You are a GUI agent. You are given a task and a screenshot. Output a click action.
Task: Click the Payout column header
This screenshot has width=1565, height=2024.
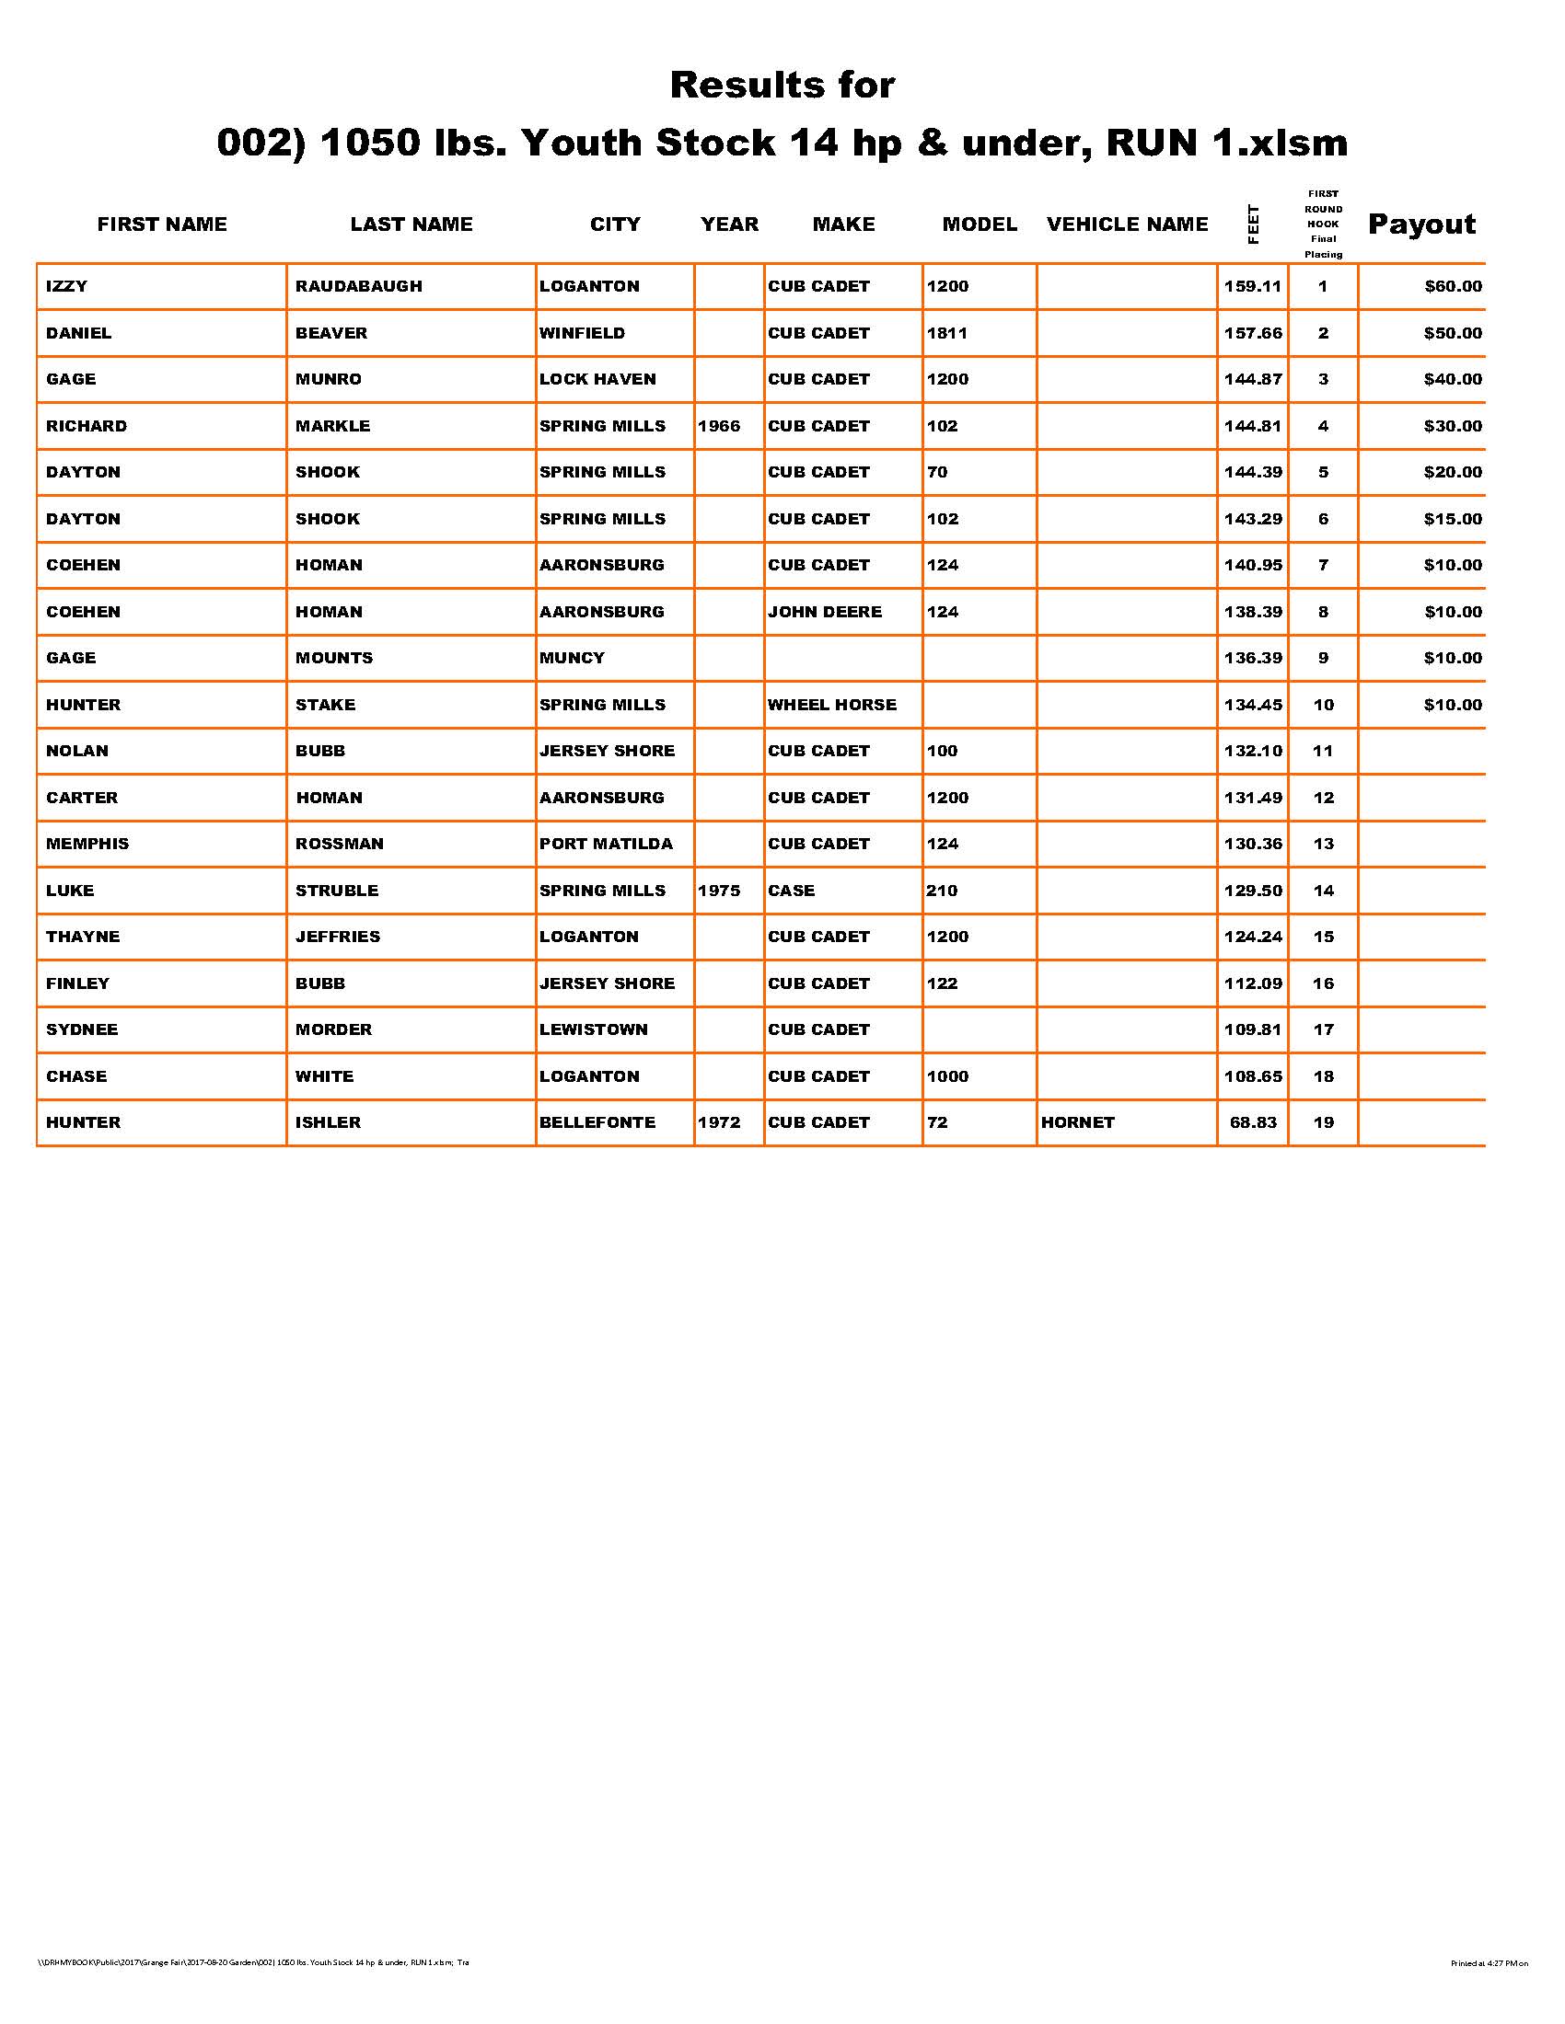coord(1421,224)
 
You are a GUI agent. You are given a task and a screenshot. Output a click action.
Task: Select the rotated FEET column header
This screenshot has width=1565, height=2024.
coord(1254,224)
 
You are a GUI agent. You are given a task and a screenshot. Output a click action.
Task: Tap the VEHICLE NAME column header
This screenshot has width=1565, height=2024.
coord(1128,224)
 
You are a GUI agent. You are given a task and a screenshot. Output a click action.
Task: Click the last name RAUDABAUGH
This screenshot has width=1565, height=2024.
coord(359,286)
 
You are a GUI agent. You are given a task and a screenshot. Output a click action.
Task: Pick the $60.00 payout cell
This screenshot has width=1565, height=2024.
coord(1453,286)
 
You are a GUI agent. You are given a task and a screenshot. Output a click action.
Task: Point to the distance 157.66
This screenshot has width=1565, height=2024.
coord(1253,333)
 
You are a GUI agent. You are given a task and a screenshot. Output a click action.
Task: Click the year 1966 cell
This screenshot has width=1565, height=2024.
coord(720,426)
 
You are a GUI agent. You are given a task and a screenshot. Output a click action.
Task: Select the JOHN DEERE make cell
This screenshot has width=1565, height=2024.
coord(824,612)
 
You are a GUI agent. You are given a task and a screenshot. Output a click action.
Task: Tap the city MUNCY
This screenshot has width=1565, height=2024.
coord(572,658)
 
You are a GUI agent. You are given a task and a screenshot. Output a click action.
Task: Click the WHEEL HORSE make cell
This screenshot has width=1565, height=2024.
coord(831,705)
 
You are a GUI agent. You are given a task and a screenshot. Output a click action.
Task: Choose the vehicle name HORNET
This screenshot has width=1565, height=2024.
coord(1077,1122)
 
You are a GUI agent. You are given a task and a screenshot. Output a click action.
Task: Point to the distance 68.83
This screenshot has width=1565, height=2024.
coord(1253,1122)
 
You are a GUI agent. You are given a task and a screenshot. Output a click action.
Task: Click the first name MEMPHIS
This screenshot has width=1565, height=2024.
coord(87,844)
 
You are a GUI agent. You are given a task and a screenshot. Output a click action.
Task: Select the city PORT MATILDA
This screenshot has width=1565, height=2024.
coord(607,844)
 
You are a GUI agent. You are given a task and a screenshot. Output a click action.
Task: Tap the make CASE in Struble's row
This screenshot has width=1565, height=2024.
coord(791,891)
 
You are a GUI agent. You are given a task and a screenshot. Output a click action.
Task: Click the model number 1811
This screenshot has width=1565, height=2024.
coord(946,333)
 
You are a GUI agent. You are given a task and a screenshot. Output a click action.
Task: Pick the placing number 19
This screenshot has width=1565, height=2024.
coord(1323,1122)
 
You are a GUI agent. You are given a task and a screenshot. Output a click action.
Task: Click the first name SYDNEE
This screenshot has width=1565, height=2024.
coord(82,1029)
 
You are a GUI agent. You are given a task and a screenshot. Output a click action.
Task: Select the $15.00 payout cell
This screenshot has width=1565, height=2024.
coord(1453,519)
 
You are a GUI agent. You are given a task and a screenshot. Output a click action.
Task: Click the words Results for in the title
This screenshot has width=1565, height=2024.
coord(782,86)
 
